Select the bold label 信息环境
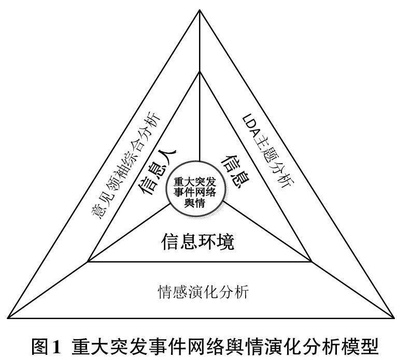198,241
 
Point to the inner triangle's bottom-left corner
89,261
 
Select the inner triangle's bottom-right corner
311,261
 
